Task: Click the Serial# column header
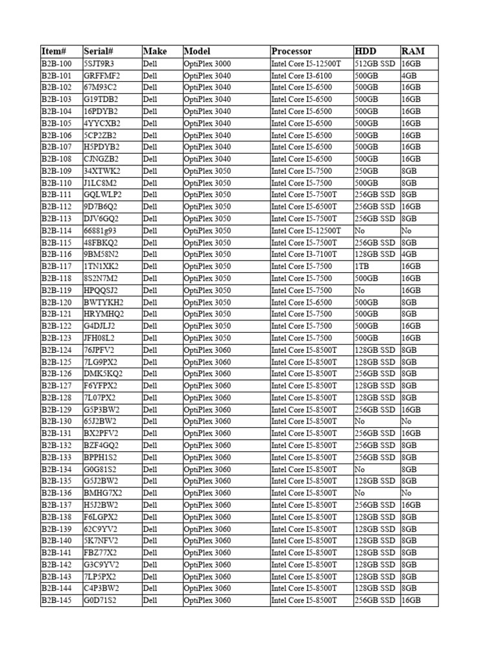tap(99, 51)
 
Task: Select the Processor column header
tap(292, 51)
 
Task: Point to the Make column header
tap(155, 51)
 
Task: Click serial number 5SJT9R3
tap(99, 64)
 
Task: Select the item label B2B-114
tap(57, 230)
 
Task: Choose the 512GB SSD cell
tap(375, 64)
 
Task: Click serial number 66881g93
tap(101, 230)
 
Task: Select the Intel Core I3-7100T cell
tap(304, 254)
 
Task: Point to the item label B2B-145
tap(57, 600)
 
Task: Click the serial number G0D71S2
tap(100, 600)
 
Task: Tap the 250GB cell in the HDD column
tap(366, 171)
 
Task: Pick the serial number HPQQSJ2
tap(101, 290)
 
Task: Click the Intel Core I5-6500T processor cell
tap(304, 206)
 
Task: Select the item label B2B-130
tap(57, 421)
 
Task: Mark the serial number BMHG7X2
tap(102, 493)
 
